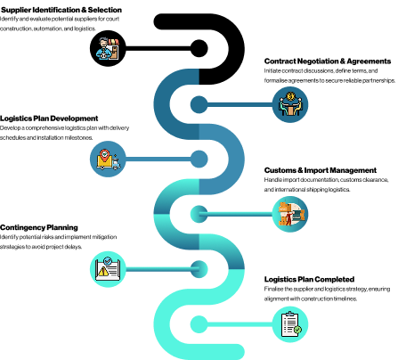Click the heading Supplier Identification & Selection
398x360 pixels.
pyautogui.click(x=61, y=10)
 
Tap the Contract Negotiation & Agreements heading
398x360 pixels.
pyautogui.click(x=328, y=61)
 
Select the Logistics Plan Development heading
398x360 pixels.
pyautogui.click(x=49, y=119)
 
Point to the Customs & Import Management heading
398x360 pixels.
pyautogui.click(x=321, y=170)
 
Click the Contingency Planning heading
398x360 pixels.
pyautogui.click(x=39, y=227)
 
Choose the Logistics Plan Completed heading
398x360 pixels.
pyautogui.click(x=309, y=279)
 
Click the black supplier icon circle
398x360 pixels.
pyautogui.click(x=108, y=48)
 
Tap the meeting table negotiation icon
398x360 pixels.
pyautogui.click(x=290, y=104)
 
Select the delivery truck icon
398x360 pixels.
pyautogui.click(x=108, y=159)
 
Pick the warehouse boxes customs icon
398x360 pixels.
pyautogui.click(x=290, y=214)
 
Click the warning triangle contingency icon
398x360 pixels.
pyautogui.click(x=108, y=269)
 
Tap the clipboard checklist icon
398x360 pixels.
pyautogui.click(x=290, y=324)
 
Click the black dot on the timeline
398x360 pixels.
pyautogui.click(x=199, y=48)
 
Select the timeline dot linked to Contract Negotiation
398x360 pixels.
pyautogui.click(x=199, y=104)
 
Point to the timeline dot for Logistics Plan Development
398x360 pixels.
pyautogui.click(x=199, y=159)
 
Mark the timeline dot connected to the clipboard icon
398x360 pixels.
pyautogui.click(x=199, y=324)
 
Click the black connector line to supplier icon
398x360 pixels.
pyautogui.click(x=158, y=48)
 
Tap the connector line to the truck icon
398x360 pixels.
pyautogui.click(x=158, y=159)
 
